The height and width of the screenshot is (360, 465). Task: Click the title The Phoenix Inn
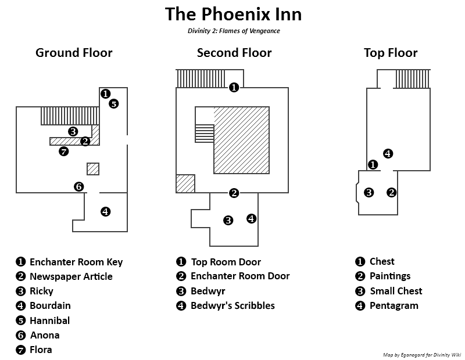233,14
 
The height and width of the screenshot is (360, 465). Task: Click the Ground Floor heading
74,53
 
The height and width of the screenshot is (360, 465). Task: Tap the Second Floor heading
234,53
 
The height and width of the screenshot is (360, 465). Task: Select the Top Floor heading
391,53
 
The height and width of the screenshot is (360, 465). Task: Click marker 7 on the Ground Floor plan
64,152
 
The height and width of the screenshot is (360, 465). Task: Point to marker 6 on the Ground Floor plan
79,186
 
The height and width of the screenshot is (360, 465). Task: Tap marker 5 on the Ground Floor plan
113,104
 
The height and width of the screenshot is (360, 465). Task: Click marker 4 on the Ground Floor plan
105,211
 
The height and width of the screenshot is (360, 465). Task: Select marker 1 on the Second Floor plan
234,87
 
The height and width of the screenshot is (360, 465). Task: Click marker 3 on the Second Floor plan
228,220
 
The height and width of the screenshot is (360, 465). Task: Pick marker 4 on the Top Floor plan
388,154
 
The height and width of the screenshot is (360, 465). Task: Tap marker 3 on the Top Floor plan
369,192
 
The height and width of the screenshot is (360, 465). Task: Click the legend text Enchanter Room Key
76,262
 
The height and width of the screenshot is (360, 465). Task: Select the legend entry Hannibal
49,321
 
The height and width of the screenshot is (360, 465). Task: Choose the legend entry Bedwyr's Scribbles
233,305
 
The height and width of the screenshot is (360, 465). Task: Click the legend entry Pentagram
394,305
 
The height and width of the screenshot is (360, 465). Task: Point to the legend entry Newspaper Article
71,276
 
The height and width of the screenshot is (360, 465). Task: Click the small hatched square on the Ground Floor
93,169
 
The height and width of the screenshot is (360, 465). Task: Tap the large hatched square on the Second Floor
241,140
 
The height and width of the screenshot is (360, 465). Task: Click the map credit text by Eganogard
422,354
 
